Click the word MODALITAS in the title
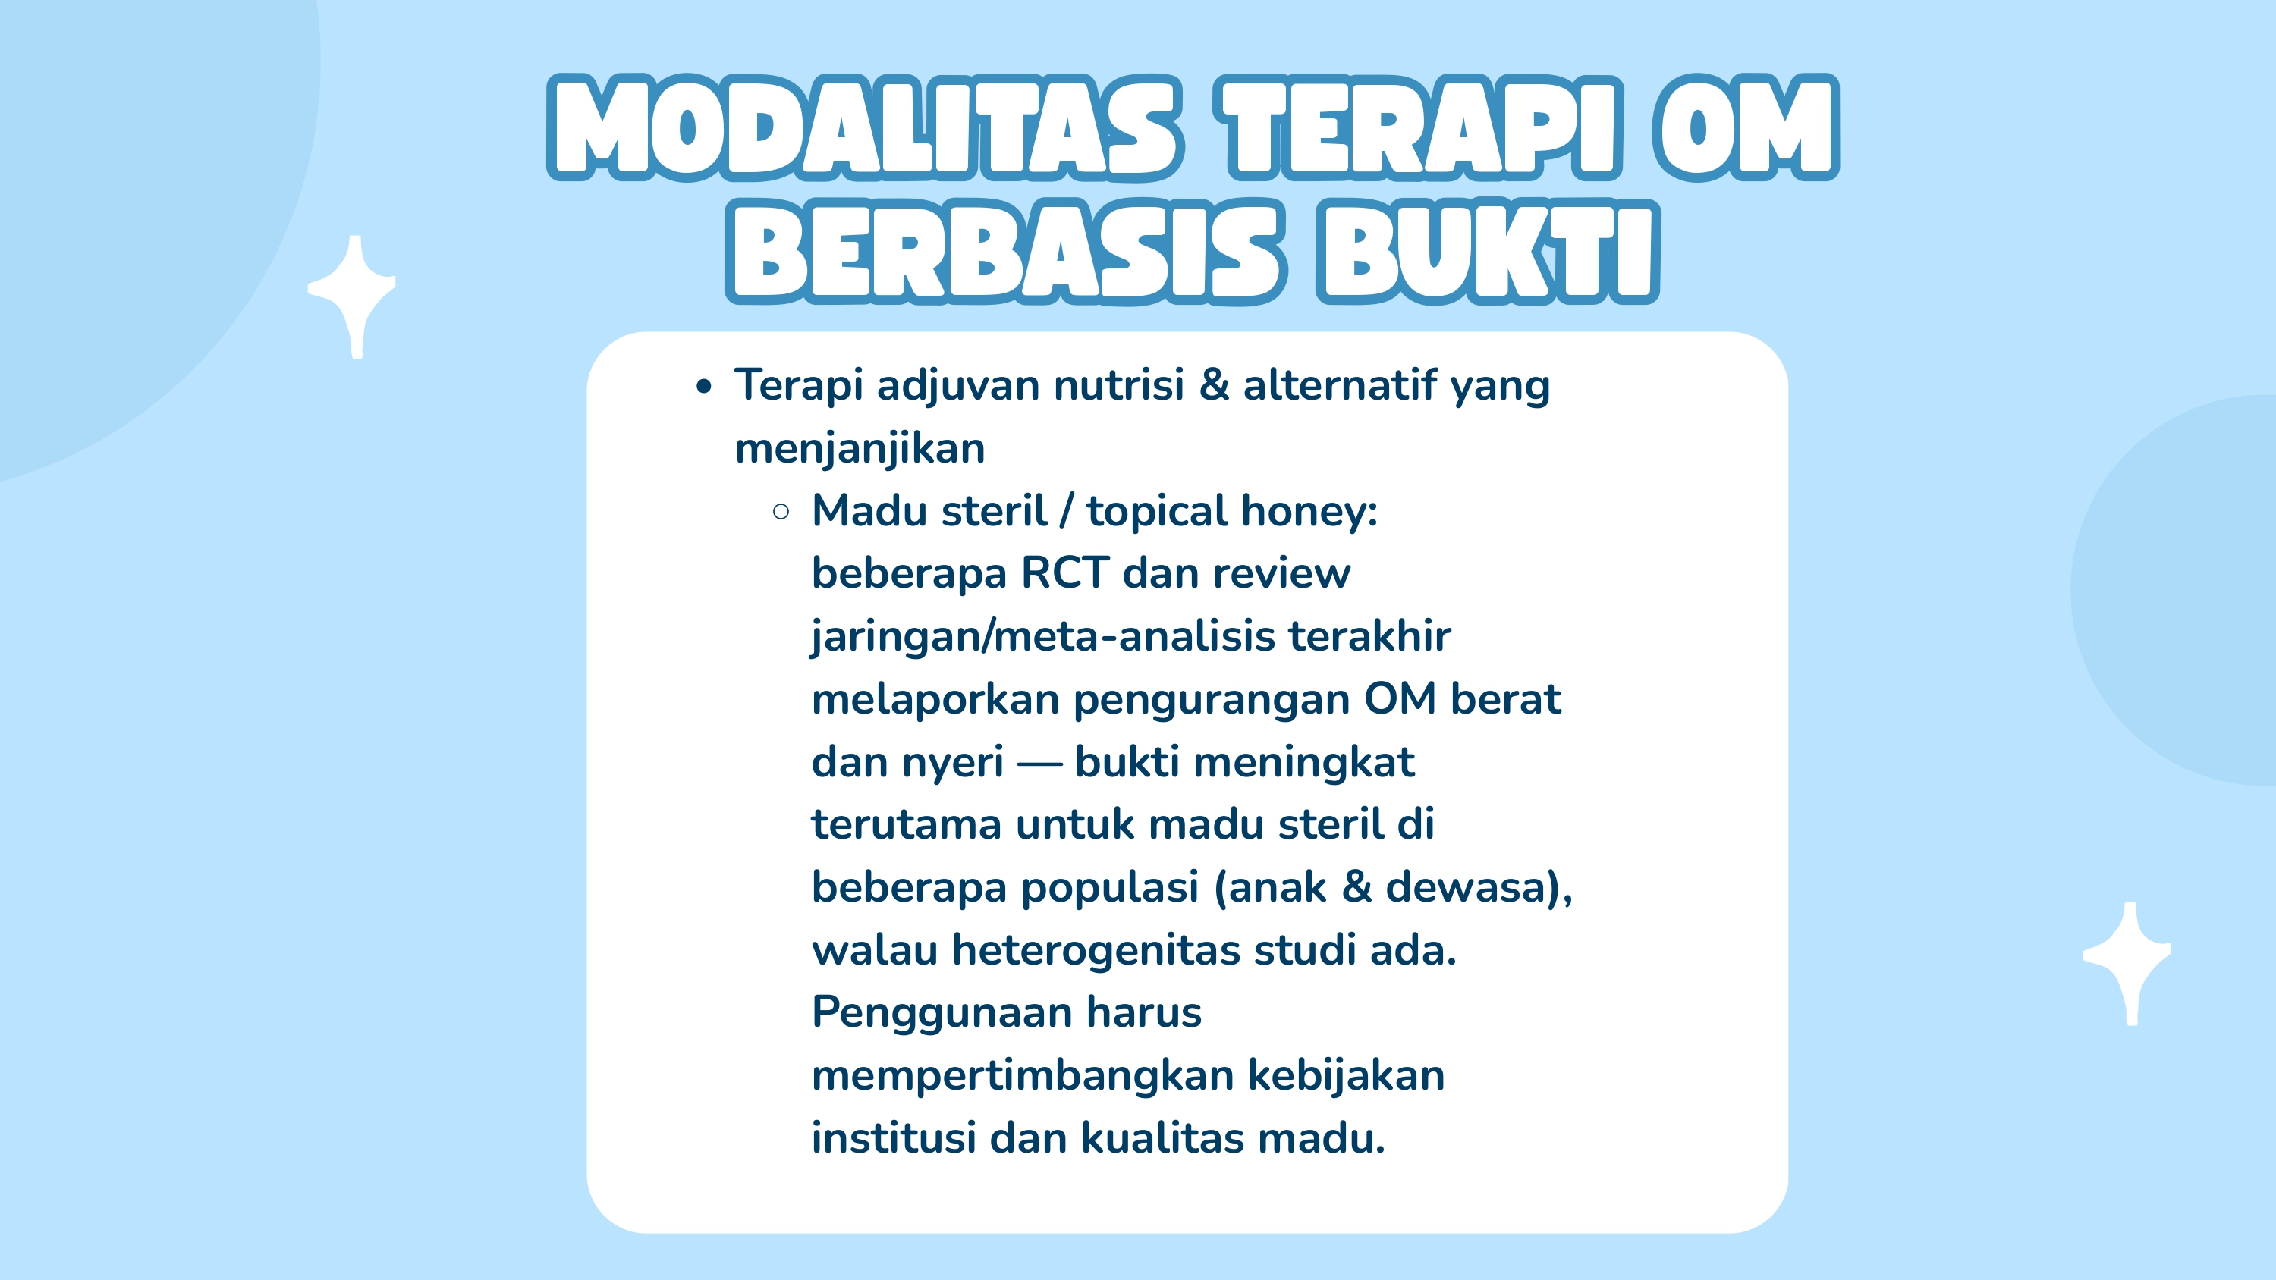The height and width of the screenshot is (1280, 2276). (864, 128)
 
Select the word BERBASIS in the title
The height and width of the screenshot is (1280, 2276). (1004, 253)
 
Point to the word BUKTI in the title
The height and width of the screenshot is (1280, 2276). (1487, 253)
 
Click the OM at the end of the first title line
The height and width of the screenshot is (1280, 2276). (1745, 128)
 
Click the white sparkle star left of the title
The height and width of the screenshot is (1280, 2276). (354, 294)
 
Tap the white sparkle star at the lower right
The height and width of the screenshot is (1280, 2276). (2129, 961)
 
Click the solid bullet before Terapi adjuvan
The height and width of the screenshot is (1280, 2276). (703, 387)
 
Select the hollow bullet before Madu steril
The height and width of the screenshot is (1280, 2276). (780, 512)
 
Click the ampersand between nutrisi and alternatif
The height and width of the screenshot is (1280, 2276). (1214, 385)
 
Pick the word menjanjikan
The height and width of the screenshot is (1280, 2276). (860, 449)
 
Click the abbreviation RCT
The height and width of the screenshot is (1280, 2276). (1064, 573)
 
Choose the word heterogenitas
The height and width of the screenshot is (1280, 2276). (1095, 950)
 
